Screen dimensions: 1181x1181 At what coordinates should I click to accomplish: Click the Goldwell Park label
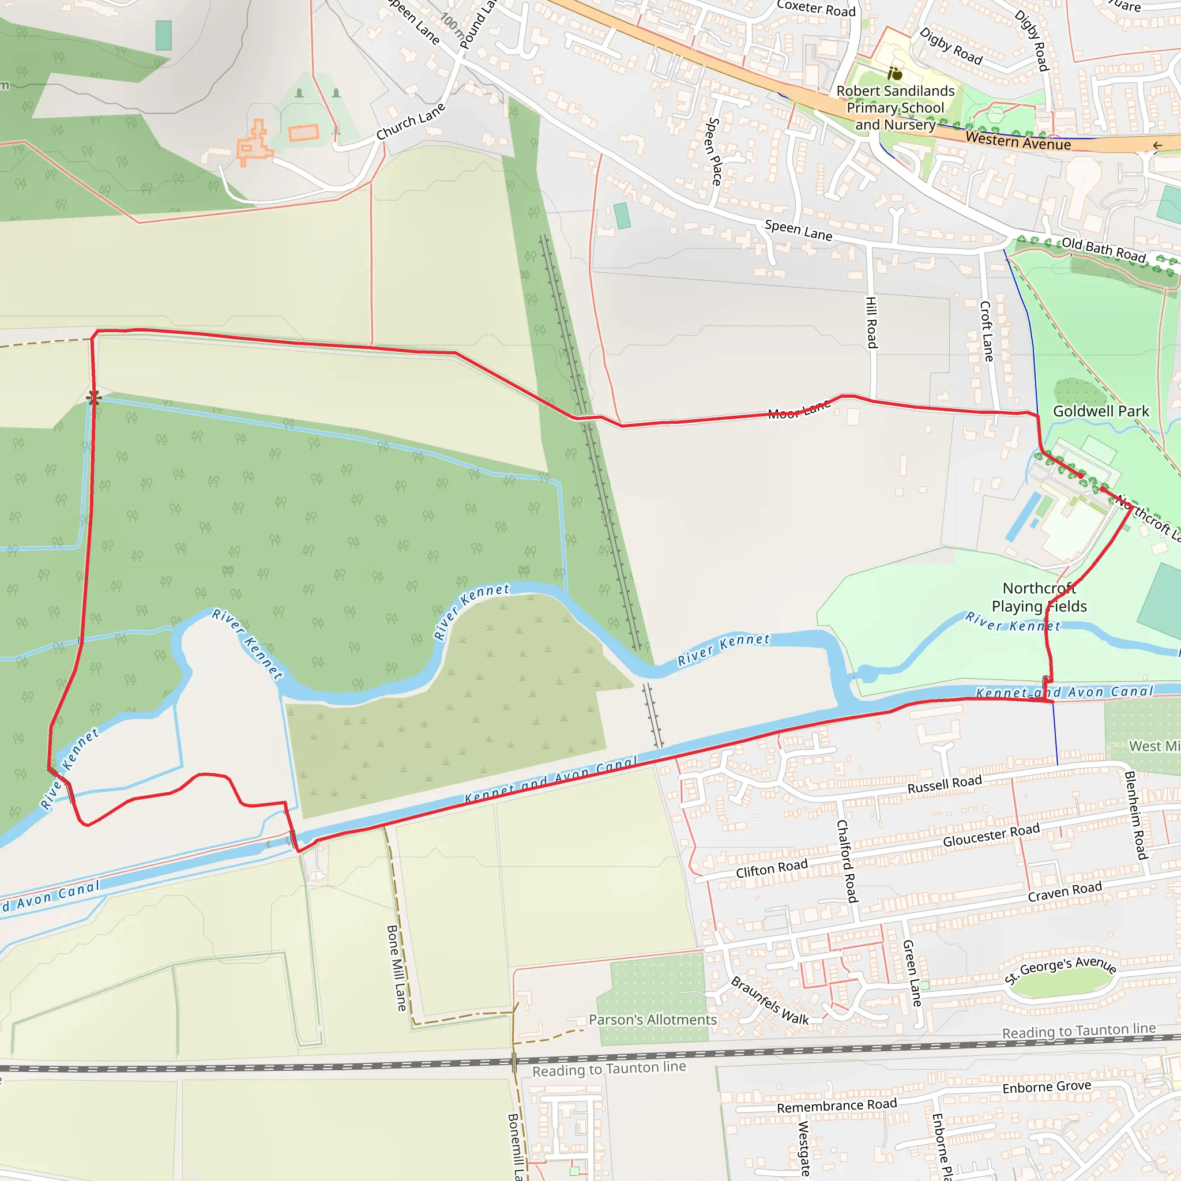pyautogui.click(x=1100, y=411)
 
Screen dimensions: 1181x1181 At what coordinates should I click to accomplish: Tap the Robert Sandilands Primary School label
pyautogui.click(x=895, y=108)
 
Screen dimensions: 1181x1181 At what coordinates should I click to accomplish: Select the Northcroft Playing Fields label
pyautogui.click(x=1039, y=597)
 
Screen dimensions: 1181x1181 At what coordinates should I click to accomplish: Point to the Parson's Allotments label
pyautogui.click(x=652, y=1020)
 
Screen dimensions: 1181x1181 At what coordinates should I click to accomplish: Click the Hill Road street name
pyautogui.click(x=872, y=322)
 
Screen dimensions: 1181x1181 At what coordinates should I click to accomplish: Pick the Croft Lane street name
pyautogui.click(x=986, y=330)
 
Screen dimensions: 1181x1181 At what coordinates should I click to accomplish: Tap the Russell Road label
pyautogui.click(x=945, y=784)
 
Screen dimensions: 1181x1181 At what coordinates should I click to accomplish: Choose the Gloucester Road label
pyautogui.click(x=991, y=835)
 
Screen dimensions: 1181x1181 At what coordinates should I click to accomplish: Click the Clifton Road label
pyautogui.click(x=772, y=868)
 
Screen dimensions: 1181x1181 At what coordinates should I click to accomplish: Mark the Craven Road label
pyautogui.click(x=1065, y=892)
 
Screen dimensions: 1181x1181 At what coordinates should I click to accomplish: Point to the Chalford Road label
pyautogui.click(x=847, y=861)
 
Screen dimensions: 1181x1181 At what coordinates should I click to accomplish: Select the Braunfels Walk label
pyautogui.click(x=770, y=1001)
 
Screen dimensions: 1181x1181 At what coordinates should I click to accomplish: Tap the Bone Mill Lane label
pyautogui.click(x=396, y=968)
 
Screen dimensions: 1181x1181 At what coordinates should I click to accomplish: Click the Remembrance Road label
pyautogui.click(x=836, y=1106)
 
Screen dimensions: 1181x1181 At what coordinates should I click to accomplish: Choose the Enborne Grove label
pyautogui.click(x=1047, y=1087)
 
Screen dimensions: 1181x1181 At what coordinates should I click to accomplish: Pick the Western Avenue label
pyautogui.click(x=1018, y=142)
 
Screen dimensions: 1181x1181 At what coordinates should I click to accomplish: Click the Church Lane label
pyautogui.click(x=411, y=121)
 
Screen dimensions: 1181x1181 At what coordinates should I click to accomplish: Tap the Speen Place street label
pyautogui.click(x=713, y=152)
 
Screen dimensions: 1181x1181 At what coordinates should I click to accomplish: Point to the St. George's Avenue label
pyautogui.click(x=1060, y=969)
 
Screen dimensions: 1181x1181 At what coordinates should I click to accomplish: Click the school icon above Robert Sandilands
pyautogui.click(x=895, y=74)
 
